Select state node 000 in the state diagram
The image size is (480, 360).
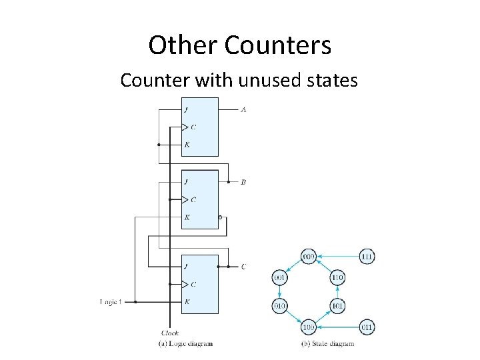point(309,256)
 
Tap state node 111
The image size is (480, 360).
point(367,256)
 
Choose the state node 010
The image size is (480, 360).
point(279,306)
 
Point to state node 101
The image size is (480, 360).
point(337,306)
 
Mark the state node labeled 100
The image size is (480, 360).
point(309,327)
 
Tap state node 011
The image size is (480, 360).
point(367,327)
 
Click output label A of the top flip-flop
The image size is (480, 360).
point(243,109)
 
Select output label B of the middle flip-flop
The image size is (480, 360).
point(243,182)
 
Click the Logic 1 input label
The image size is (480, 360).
point(111,302)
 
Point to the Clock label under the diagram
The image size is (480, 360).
point(170,333)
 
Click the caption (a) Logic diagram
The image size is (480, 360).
point(185,344)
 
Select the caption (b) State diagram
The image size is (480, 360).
point(327,344)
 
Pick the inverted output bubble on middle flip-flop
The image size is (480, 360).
point(221,217)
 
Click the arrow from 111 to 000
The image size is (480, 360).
point(338,256)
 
